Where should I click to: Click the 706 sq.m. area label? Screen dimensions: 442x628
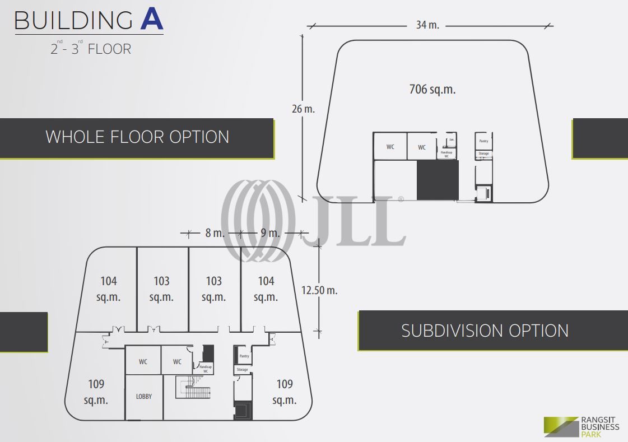[x=431, y=89]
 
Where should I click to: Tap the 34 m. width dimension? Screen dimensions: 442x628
[x=428, y=25]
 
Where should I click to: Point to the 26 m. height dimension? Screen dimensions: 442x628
[x=304, y=109]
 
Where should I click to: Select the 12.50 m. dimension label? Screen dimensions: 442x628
[x=319, y=290]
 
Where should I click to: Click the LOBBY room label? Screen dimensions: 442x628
[x=144, y=396]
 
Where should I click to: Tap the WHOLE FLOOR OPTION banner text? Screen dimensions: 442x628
[x=137, y=137]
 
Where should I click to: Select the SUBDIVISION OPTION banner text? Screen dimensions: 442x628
[x=485, y=331]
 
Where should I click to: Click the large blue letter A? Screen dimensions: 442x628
[x=151, y=19]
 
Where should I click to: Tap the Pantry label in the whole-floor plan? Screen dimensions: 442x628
[x=483, y=141]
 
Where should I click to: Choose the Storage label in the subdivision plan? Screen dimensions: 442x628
[x=242, y=370]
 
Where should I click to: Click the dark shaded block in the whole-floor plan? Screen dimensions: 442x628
[x=438, y=180]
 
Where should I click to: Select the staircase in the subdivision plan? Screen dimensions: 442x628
[x=193, y=387]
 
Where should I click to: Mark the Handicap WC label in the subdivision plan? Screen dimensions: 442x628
[x=204, y=369]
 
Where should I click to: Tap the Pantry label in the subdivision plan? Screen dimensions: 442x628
[x=244, y=356]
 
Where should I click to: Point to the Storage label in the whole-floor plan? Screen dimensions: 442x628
[x=483, y=153]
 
